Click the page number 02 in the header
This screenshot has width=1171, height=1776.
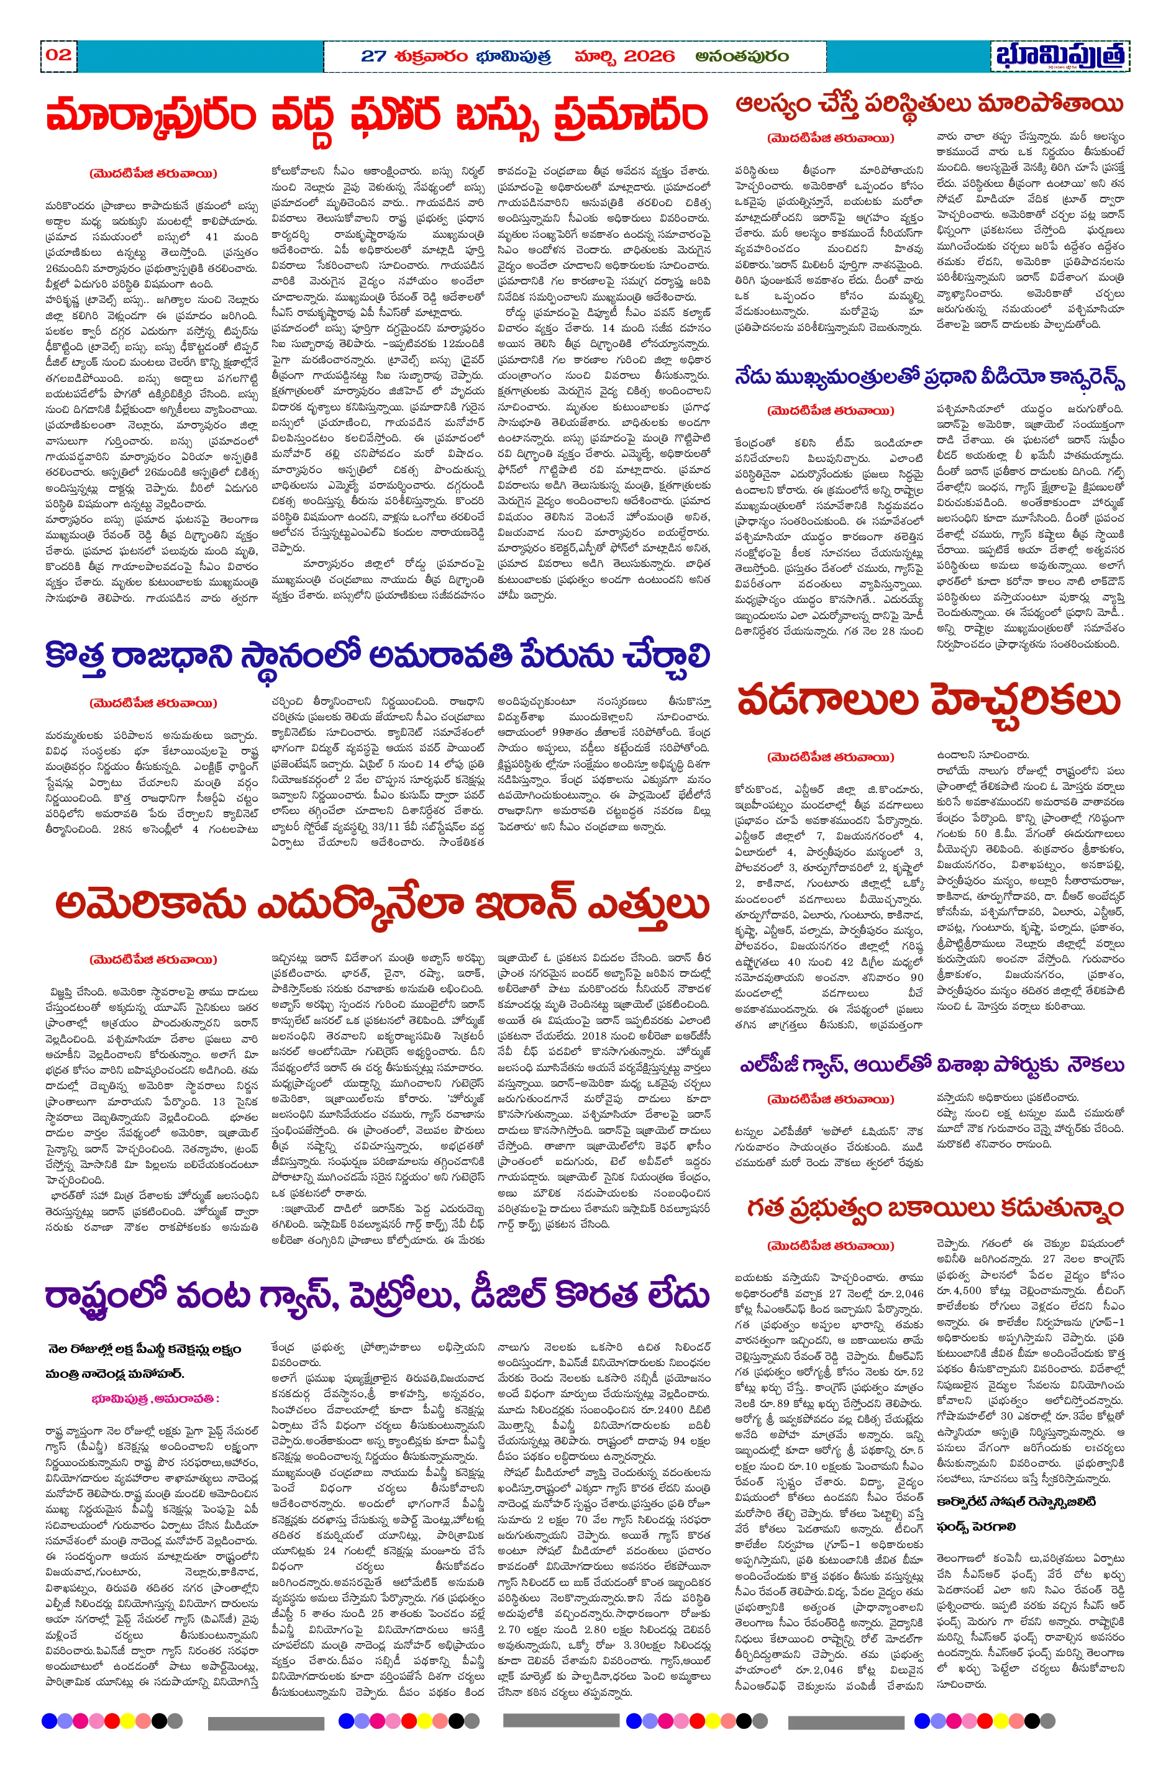(58, 55)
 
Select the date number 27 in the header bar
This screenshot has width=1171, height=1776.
(373, 57)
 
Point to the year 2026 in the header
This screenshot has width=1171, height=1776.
(648, 57)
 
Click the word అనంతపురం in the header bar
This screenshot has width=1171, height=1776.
(741, 57)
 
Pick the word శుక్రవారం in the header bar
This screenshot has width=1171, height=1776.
(432, 57)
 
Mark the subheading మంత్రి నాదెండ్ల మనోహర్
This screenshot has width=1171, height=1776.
(115, 1373)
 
